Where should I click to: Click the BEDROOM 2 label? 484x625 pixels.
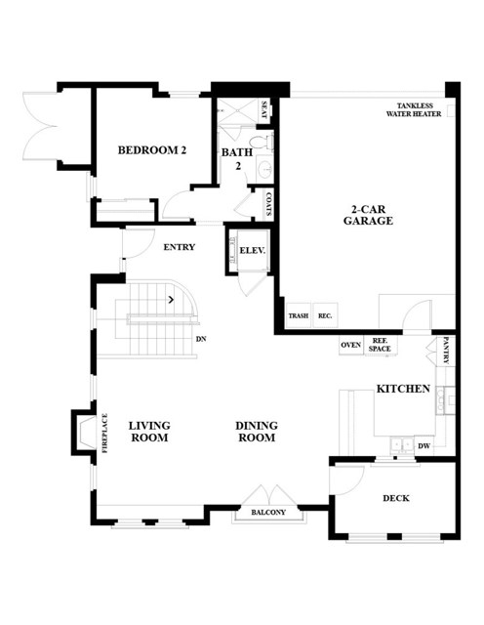tap(152, 150)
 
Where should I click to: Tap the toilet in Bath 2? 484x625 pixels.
tap(262, 143)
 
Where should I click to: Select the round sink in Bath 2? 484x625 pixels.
tap(264, 170)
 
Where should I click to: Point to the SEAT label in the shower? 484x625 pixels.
tap(264, 109)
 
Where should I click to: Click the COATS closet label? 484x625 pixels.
tap(268, 204)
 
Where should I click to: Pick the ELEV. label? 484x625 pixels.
tap(252, 251)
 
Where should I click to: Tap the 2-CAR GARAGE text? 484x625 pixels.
tap(368, 215)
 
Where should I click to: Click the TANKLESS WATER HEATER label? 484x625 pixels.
tap(414, 109)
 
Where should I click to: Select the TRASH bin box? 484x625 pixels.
tap(299, 315)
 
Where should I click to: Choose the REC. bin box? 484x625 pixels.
tap(326, 315)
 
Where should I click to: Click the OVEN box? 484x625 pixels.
tap(351, 345)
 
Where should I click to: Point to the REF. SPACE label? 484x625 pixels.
tap(380, 345)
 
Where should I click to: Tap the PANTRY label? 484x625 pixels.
tap(446, 351)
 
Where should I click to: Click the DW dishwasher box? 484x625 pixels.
tap(424, 445)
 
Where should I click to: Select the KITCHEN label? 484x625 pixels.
tap(404, 389)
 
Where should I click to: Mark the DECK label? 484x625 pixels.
tap(396, 498)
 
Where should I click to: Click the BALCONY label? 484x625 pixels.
tap(268, 512)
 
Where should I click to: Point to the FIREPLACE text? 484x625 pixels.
tap(105, 434)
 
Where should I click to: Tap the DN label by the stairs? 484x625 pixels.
tap(201, 339)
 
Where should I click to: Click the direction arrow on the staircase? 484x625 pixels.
tap(172, 299)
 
